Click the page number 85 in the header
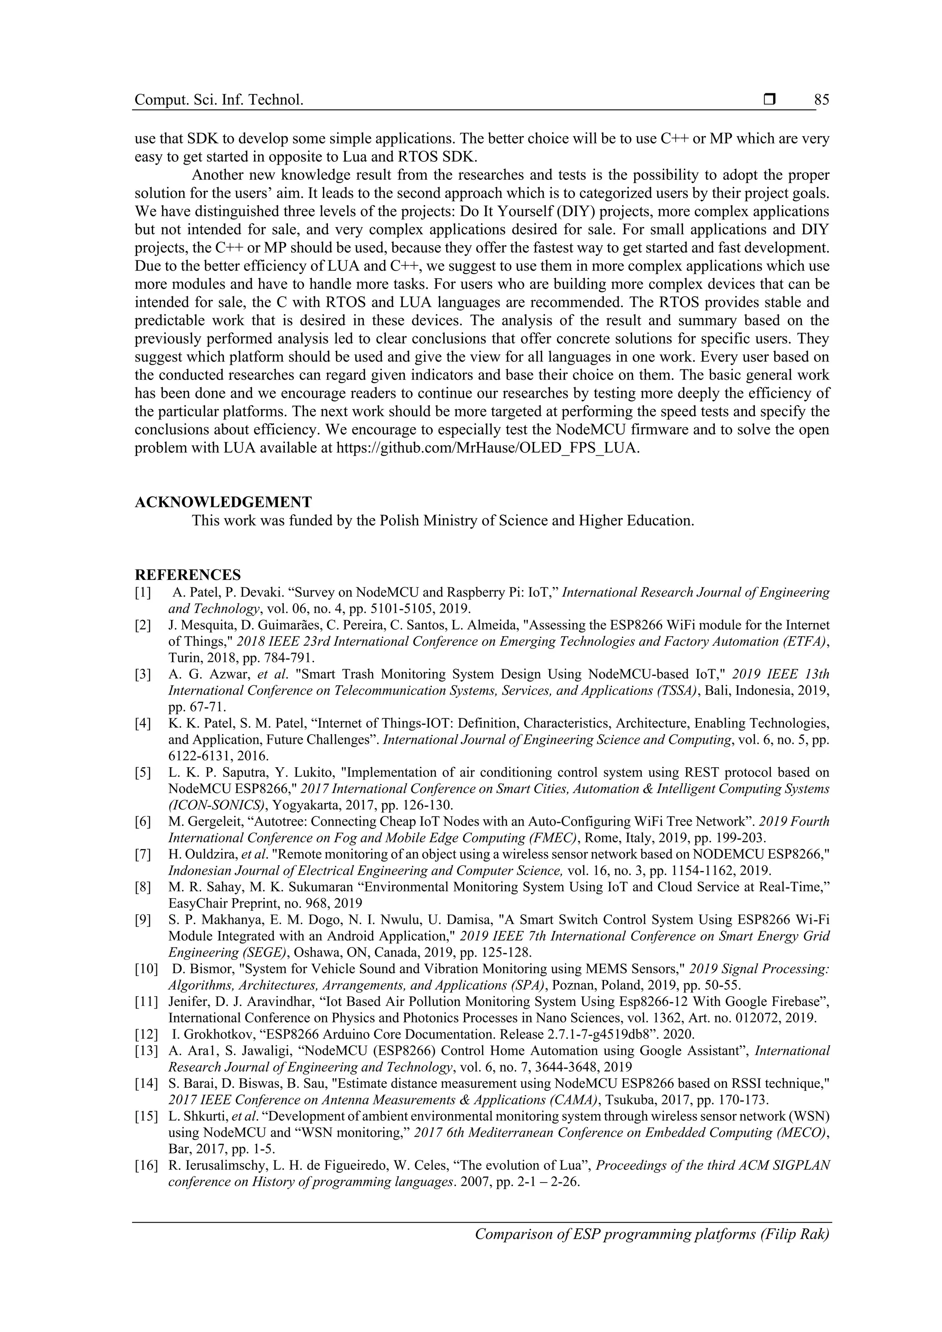tap(821, 100)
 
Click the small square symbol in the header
tap(770, 100)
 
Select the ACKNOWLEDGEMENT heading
tap(224, 502)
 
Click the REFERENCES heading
tap(187, 575)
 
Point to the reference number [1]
tap(143, 592)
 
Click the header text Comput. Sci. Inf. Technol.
tap(218, 100)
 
